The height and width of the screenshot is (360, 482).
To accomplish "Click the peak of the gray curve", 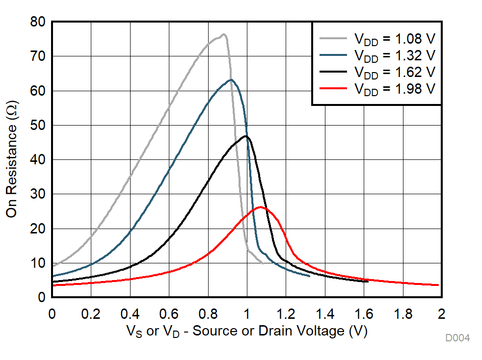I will [x=223, y=34].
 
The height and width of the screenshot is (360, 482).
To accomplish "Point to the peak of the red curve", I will [x=260, y=207].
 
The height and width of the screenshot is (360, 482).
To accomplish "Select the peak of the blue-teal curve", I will [x=231, y=79].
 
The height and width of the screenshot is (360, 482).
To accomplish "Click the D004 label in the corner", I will [x=457, y=338].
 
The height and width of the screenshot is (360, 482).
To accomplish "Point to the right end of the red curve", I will [x=438, y=285].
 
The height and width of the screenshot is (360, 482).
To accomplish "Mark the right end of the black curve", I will [x=368, y=282].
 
